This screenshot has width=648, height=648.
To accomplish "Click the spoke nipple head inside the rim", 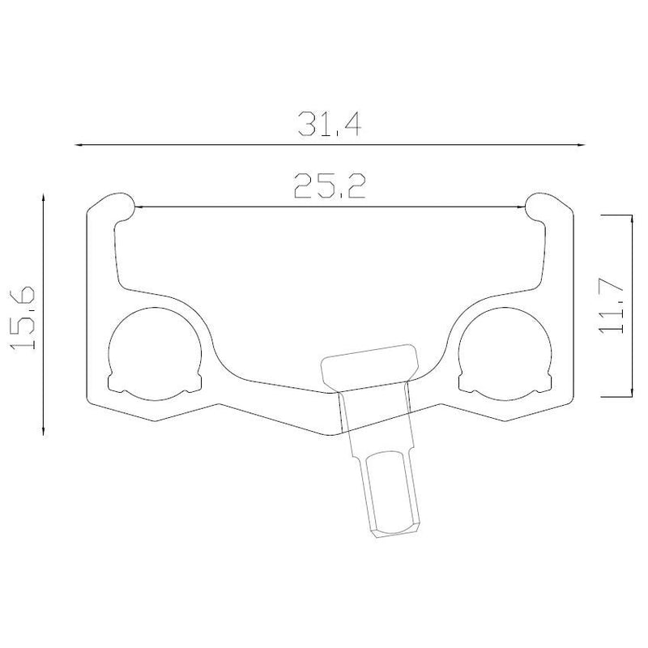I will [370, 364].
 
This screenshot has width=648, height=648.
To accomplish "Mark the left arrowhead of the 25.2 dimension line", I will [139, 207].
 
